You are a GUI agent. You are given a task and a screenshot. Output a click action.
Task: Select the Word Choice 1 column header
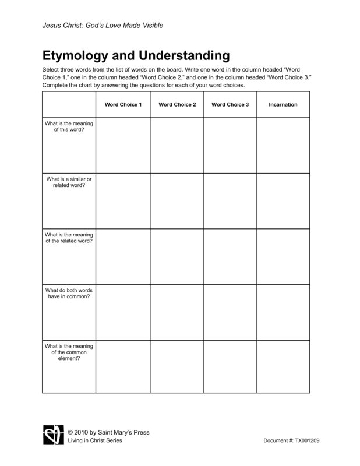pyautogui.click(x=123, y=105)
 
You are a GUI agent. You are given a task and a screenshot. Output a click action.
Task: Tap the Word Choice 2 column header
pyautogui.click(x=177, y=105)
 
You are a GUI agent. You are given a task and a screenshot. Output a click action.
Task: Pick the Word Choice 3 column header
pyautogui.click(x=230, y=105)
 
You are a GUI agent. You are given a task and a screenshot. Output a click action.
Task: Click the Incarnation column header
pyautogui.click(x=283, y=105)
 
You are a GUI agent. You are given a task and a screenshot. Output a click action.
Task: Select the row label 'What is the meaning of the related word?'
pyautogui.click(x=69, y=238)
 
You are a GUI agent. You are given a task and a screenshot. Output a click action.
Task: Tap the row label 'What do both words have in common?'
pyautogui.click(x=69, y=294)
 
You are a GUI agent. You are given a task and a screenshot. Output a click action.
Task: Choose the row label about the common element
pyautogui.click(x=69, y=352)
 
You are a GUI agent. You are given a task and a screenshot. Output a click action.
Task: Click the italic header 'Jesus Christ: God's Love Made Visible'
pyautogui.click(x=103, y=26)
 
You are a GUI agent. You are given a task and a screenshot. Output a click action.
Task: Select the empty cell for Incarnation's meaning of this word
pyautogui.click(x=283, y=145)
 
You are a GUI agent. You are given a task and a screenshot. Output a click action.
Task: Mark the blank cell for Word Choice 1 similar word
pyautogui.click(x=123, y=201)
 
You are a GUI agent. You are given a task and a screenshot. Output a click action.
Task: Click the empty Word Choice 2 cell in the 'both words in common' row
pyautogui.click(x=177, y=313)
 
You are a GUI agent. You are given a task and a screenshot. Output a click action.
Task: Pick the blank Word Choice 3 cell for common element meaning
pyautogui.click(x=230, y=366)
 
